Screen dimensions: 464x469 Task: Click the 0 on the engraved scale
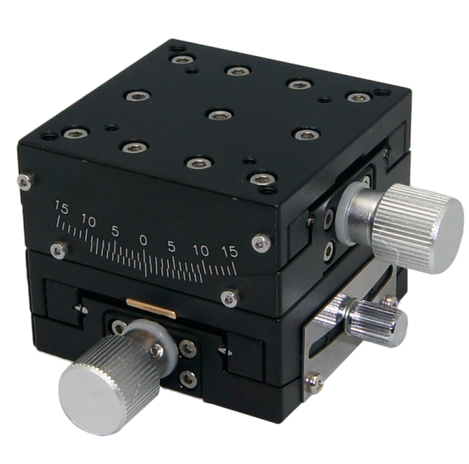coord(143,238)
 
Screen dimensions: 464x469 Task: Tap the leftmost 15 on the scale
coord(60,207)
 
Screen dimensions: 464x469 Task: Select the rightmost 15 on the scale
coord(229,252)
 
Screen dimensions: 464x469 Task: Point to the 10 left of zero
coord(88,222)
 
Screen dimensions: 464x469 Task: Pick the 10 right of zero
coord(200,251)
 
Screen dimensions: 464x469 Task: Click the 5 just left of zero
coord(115,231)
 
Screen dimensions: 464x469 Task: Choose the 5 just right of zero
coord(171,246)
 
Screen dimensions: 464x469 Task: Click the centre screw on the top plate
coord(217,114)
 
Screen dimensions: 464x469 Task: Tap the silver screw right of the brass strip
coord(228,295)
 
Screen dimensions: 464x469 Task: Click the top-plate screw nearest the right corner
coord(357,98)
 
